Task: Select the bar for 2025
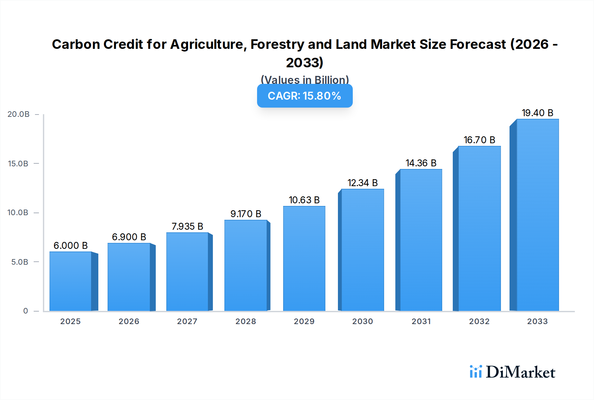pyautogui.click(x=70, y=281)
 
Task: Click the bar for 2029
pyautogui.click(x=304, y=258)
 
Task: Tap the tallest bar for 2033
pyautogui.click(x=537, y=215)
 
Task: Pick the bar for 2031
pyautogui.click(x=421, y=240)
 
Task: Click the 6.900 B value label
pyautogui.click(x=129, y=237)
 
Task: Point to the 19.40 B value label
pyautogui.click(x=537, y=113)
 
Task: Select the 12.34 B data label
pyautogui.click(x=362, y=183)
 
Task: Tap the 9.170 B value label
pyautogui.click(x=246, y=214)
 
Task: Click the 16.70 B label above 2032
pyautogui.click(x=479, y=140)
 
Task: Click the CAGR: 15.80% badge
pyautogui.click(x=305, y=96)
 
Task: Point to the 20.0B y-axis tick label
pyautogui.click(x=18, y=114)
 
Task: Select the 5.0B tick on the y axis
pyautogui.click(x=20, y=262)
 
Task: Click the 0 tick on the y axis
pyautogui.click(x=25, y=311)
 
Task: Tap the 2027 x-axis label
pyautogui.click(x=187, y=321)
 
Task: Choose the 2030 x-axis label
pyautogui.click(x=362, y=321)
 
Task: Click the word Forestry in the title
pyautogui.click(x=277, y=44)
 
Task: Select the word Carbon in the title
pyautogui.click(x=76, y=44)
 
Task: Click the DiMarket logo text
pyautogui.click(x=520, y=372)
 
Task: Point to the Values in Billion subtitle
pyautogui.click(x=305, y=80)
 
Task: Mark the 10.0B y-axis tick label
pyautogui.click(x=18, y=213)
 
